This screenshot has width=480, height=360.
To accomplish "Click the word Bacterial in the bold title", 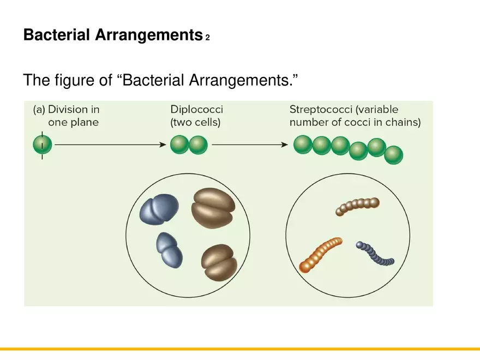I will pyautogui.click(x=57, y=35).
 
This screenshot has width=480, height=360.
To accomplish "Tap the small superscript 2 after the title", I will pyautogui.click(x=208, y=38).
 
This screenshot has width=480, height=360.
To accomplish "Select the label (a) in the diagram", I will pyautogui.click(x=39, y=110).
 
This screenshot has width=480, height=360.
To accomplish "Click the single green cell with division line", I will pyautogui.click(x=43, y=145).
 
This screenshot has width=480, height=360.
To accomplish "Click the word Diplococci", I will pyautogui.click(x=196, y=110).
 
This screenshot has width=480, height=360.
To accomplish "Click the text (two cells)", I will pyautogui.click(x=195, y=123).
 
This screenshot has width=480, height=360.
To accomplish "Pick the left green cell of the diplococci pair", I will pyautogui.click(x=179, y=145).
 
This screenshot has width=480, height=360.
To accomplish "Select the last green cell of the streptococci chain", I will pyautogui.click(x=393, y=155).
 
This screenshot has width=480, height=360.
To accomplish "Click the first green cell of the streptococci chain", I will pyautogui.click(x=303, y=145).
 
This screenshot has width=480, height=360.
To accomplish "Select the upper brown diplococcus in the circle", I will pyautogui.click(x=213, y=208).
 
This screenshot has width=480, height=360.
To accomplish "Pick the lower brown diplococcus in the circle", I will pyautogui.click(x=219, y=262).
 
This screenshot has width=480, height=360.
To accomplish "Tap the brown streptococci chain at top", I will pyautogui.click(x=357, y=206).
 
